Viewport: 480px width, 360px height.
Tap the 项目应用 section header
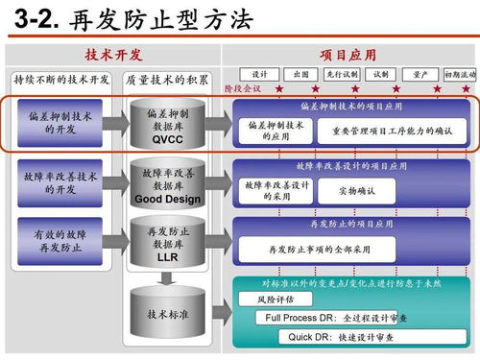pos(346,57)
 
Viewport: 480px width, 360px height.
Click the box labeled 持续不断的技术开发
pos(61,80)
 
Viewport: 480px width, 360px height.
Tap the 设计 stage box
pos(259,74)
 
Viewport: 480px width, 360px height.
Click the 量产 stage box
pos(420,74)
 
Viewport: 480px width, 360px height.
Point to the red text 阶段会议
pos(242,88)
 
